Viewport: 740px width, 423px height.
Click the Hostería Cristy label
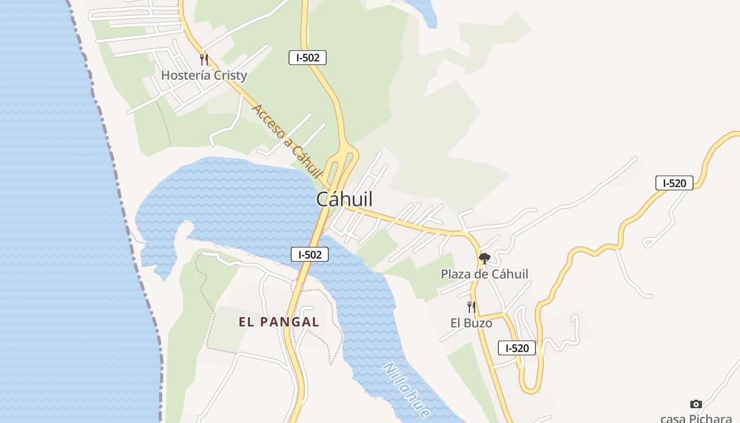[204, 75]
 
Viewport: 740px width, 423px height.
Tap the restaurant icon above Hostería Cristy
[204, 59]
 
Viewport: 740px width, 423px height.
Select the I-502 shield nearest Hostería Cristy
[308, 58]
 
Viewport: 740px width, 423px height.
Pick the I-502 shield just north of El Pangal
[310, 254]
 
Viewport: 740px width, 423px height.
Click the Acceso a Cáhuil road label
[288, 141]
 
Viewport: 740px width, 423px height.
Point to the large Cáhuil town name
[344, 199]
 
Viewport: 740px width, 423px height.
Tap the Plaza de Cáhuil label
[484, 274]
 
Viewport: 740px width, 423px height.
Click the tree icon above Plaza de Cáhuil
[484, 259]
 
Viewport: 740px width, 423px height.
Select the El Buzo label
[471, 323]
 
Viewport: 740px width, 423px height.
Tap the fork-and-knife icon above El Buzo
[471, 307]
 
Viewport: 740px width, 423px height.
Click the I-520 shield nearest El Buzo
[517, 348]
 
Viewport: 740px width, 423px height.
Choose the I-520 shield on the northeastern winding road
[674, 183]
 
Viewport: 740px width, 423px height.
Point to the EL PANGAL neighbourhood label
[279, 322]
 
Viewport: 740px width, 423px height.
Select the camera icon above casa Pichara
[696, 404]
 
